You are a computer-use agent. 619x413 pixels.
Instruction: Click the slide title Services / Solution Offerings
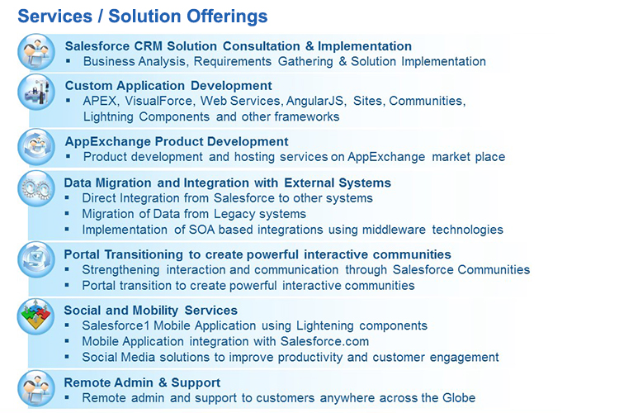(x=143, y=17)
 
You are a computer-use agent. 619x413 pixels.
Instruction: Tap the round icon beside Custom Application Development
(x=36, y=92)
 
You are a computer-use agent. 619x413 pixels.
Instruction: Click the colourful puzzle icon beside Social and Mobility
(x=36, y=316)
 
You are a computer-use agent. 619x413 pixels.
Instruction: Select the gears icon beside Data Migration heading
(x=36, y=188)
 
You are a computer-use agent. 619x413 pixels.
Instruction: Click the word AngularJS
(x=316, y=102)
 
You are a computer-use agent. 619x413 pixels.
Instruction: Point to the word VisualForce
(x=158, y=101)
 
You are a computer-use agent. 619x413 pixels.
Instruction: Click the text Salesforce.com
(x=324, y=341)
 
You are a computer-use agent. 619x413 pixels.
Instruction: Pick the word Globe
(x=459, y=398)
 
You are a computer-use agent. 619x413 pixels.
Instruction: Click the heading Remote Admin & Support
(x=142, y=382)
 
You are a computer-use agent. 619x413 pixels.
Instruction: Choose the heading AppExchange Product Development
(x=177, y=141)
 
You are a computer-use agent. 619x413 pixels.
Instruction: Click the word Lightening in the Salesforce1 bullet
(x=325, y=326)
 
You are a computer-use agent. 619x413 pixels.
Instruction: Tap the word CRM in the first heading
(x=148, y=46)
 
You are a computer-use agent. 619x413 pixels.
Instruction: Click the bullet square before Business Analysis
(x=69, y=61)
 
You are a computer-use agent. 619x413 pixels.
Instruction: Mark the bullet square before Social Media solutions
(x=67, y=357)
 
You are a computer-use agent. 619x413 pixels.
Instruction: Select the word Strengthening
(x=120, y=270)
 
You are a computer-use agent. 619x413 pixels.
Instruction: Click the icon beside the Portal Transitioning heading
(x=36, y=260)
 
